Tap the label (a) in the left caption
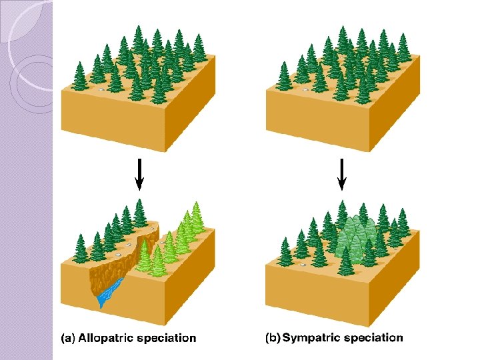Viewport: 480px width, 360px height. point(68,338)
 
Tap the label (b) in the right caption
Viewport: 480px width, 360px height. point(273,337)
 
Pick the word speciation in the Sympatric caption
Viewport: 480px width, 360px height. point(374,337)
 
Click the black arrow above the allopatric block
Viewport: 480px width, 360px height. point(140,175)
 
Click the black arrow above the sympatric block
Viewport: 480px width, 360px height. point(342,175)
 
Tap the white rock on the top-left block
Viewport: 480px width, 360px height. point(101,89)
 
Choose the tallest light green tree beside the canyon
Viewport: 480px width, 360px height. point(196,219)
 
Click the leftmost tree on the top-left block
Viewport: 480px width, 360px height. point(80,76)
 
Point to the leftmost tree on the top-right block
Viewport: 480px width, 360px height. point(285,76)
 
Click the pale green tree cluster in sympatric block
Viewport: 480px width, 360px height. point(353,237)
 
